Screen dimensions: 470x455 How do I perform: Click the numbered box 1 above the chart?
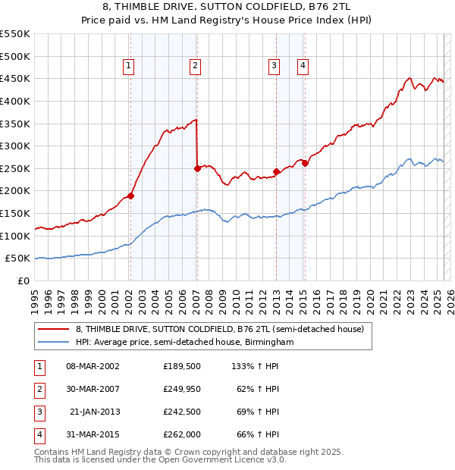click(x=129, y=67)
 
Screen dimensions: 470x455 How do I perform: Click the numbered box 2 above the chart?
click(x=196, y=67)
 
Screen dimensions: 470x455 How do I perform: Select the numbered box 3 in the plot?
click(x=274, y=67)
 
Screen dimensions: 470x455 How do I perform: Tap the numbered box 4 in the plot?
click(x=303, y=67)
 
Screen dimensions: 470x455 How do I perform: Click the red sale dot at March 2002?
click(x=130, y=196)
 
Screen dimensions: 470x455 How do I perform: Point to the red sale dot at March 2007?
click(x=197, y=168)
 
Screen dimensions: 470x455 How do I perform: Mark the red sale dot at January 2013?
click(x=276, y=171)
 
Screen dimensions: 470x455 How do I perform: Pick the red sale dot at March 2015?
click(x=305, y=163)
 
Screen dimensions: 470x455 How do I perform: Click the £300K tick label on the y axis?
click(x=15, y=146)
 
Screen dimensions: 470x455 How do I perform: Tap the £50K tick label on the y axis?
click(x=18, y=258)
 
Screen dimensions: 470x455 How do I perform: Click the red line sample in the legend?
click(x=53, y=330)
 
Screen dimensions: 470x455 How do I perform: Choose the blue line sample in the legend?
click(x=53, y=343)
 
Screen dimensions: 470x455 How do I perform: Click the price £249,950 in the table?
click(x=181, y=390)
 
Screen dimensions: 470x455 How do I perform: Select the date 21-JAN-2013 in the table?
click(x=95, y=412)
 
